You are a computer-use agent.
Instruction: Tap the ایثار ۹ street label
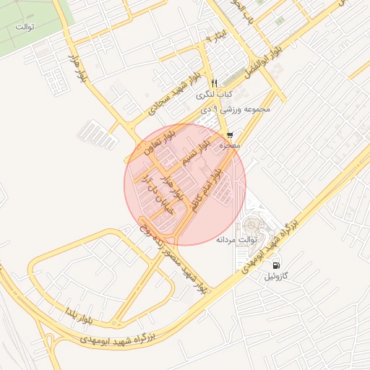coord(216,36)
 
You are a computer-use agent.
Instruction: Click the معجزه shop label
coord(230,145)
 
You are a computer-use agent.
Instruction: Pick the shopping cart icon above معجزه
coord(230,134)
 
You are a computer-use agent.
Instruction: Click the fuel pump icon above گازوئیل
coord(277,264)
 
